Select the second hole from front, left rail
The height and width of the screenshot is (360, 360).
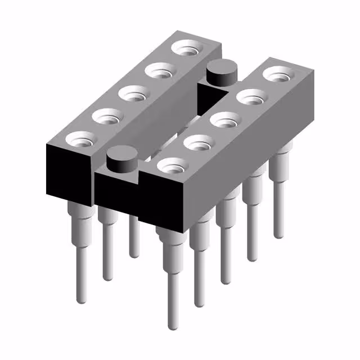click(107, 116)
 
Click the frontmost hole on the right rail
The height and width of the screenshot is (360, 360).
click(172, 165)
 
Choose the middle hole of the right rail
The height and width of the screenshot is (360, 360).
click(223, 120)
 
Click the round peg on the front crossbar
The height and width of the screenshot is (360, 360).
click(119, 159)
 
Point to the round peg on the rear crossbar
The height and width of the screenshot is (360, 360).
click(221, 74)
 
